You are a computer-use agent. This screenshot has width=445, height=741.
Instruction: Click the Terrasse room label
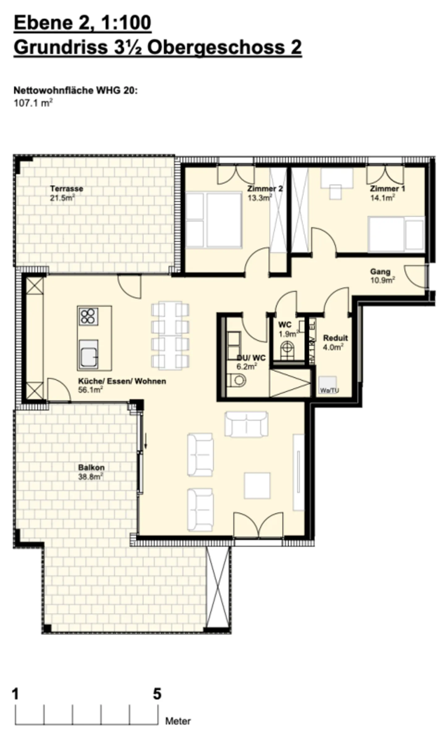[66, 188]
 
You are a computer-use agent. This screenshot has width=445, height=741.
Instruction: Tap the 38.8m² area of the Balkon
[90, 477]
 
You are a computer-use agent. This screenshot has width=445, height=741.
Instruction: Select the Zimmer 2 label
[265, 188]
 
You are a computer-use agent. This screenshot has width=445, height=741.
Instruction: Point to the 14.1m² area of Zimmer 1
[383, 198]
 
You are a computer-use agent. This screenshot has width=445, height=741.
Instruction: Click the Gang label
[380, 271]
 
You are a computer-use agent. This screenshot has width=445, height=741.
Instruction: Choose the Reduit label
[335, 338]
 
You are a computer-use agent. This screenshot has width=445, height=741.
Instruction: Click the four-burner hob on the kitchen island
[88, 316]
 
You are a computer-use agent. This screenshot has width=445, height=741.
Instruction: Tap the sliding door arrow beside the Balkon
[146, 444]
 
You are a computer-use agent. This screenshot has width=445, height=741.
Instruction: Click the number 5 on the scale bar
[157, 694]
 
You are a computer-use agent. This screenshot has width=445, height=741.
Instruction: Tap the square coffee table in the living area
[257, 485]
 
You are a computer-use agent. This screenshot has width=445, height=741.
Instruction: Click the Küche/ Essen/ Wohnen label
[122, 381]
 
